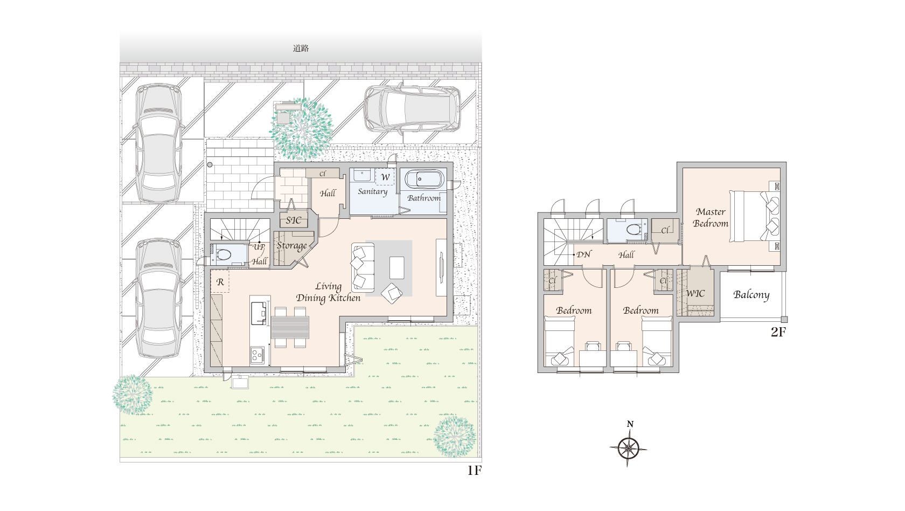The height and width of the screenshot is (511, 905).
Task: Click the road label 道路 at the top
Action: tap(301, 49)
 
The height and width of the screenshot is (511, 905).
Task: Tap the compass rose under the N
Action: tap(628, 448)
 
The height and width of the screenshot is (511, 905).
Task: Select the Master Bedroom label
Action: tap(710, 218)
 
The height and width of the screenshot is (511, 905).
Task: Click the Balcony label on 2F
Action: tap(751, 295)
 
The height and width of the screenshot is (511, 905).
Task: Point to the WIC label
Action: tap(695, 293)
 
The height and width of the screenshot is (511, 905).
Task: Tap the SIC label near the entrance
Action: tap(293, 220)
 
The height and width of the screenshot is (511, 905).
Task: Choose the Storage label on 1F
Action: tap(291, 246)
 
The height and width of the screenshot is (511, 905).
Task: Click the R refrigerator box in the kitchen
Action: tap(220, 281)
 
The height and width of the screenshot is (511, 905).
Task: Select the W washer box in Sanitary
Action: tap(385, 177)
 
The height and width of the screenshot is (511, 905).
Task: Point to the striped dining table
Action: tap(290, 327)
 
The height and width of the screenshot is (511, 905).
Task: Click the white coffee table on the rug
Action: tap(396, 267)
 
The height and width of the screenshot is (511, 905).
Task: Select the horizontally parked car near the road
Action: tap(412, 108)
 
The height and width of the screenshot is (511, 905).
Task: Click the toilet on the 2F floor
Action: tap(633, 230)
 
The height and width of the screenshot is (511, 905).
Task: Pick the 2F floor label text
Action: tap(778, 332)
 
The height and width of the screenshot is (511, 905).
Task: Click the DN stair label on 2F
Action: tap(583, 254)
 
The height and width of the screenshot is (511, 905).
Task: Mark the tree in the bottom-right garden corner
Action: tap(455, 437)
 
